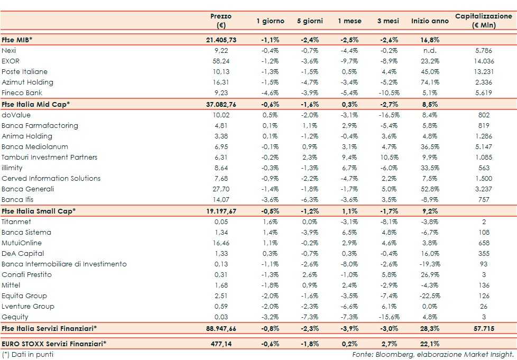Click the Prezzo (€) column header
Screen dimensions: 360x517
[220, 21]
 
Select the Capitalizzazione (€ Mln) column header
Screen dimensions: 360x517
[483, 21]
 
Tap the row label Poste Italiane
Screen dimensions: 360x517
[24, 71]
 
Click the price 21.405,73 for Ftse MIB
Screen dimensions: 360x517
[220, 40]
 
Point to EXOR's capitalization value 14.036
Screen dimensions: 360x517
[483, 61]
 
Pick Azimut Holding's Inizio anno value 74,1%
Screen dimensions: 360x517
[428, 82]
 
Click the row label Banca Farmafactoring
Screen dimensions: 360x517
[40, 125]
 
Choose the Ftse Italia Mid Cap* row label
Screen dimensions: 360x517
[35, 104]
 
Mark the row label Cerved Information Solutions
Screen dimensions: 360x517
[51, 178]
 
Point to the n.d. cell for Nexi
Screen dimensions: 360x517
[428, 50]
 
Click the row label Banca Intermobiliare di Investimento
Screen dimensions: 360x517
[64, 264]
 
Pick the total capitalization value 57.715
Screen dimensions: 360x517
[483, 328]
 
